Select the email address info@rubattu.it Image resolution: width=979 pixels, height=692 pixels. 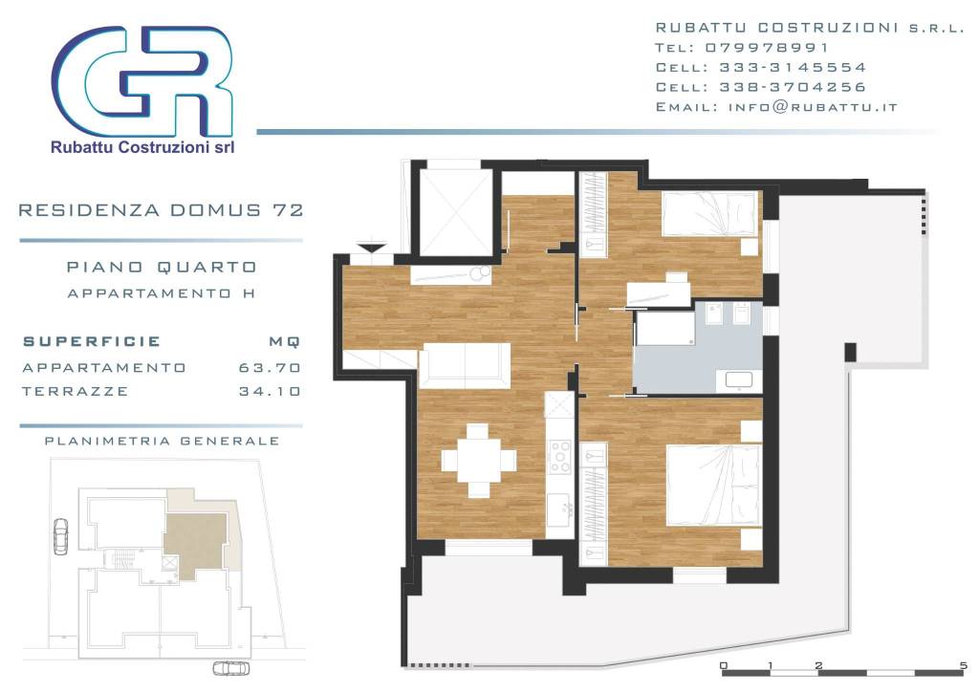[x=813, y=107]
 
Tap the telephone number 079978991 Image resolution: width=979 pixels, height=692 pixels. [x=767, y=48]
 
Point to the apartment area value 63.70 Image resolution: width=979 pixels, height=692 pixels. [x=270, y=368]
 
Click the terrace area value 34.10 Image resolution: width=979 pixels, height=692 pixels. [x=270, y=391]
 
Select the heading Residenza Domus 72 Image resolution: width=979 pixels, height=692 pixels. [x=161, y=210]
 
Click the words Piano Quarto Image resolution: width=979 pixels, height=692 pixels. [x=162, y=267]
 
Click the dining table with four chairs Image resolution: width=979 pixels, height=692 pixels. [x=479, y=461]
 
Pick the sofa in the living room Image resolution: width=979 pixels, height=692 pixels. [x=465, y=365]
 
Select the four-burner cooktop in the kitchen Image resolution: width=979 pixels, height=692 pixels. [x=559, y=456]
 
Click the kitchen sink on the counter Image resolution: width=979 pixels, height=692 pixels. [x=559, y=509]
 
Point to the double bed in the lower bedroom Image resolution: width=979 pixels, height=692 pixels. [x=713, y=485]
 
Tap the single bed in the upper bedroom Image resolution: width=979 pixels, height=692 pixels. [x=710, y=213]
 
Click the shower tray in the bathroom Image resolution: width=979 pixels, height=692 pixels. [x=665, y=328]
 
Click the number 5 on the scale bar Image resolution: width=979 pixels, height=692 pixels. [x=963, y=665]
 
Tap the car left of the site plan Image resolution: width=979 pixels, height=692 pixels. [x=60, y=536]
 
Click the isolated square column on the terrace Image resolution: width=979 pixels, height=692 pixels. [x=850, y=352]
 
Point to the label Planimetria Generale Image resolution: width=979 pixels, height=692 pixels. [x=162, y=442]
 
